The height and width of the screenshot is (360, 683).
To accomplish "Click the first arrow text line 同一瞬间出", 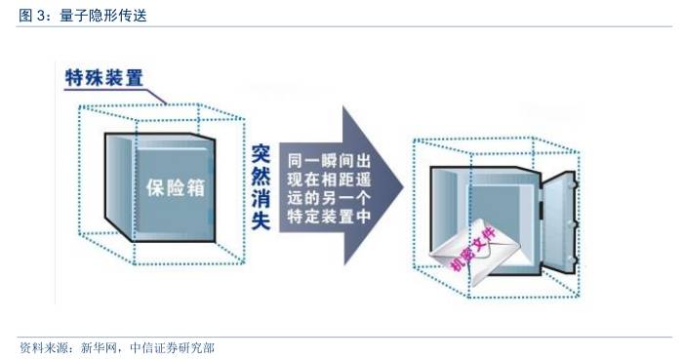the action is [325, 158].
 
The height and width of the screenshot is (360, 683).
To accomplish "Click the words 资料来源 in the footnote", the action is [43, 347].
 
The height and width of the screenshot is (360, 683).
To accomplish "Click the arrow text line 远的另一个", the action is [325, 198].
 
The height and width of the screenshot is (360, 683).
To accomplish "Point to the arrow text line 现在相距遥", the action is [325, 179].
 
